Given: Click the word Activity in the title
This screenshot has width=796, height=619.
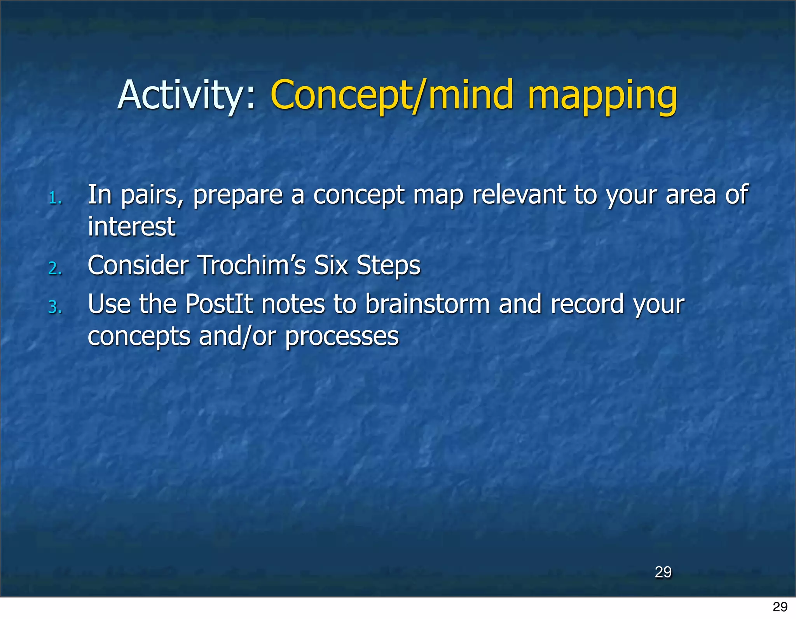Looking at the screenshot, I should (181, 95).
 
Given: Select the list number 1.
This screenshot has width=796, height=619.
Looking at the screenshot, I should (55, 199).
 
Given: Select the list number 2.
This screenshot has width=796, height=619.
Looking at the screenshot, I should (55, 269).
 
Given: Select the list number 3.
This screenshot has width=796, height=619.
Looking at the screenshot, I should (55, 307).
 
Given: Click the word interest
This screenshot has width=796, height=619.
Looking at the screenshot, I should (131, 227).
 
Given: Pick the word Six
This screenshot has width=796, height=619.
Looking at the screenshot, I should (330, 265).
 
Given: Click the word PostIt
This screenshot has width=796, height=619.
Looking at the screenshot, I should (219, 304).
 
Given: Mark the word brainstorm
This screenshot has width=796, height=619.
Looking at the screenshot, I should (427, 304).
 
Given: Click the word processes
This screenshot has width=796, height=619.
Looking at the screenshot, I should (342, 337).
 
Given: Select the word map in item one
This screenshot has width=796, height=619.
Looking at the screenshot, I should (438, 195).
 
